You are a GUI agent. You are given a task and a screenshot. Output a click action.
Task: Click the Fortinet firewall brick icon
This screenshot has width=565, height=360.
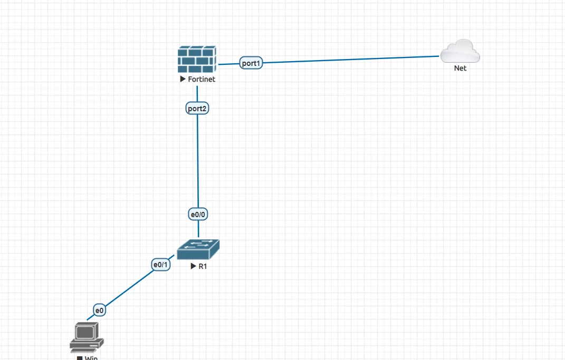coord(197,59)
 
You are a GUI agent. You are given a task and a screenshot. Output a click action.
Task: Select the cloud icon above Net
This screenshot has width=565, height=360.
coord(460,51)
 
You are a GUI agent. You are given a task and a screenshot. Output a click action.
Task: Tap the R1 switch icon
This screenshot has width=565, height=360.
coord(198,249)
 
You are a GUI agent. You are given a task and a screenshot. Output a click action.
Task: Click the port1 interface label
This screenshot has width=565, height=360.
coord(251,63)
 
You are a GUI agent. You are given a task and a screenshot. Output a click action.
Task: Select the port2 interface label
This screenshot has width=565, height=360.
coord(197,109)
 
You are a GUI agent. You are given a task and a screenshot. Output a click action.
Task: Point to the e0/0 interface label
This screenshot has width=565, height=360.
coord(198,214)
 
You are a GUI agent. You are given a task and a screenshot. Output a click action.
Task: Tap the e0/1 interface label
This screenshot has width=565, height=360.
coord(161,265)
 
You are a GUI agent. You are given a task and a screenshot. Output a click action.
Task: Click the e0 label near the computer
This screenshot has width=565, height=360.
coord(99,310)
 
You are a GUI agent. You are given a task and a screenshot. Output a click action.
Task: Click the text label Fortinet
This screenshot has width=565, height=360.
coord(202,80)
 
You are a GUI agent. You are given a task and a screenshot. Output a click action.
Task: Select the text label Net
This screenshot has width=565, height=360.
coord(460,68)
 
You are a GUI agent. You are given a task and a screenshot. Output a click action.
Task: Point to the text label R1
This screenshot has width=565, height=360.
coord(202,266)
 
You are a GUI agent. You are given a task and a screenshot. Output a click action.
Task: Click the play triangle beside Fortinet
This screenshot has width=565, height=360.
coord(183,80)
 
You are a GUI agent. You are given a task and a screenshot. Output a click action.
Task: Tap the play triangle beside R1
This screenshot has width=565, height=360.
coord(194,266)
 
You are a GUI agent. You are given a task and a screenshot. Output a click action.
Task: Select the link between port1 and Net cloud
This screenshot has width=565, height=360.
coord(348,60)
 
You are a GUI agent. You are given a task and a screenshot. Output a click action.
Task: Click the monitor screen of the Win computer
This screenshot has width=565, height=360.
coord(85,332)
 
